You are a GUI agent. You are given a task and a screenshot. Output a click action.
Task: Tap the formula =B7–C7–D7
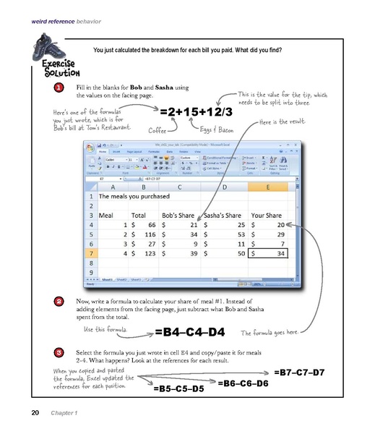pos(299,372)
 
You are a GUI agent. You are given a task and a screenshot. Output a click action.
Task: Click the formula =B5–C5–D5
pos(178,388)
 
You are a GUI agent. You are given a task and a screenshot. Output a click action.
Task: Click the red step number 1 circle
pos(57,88)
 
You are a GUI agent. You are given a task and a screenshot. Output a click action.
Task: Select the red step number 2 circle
pos(57,300)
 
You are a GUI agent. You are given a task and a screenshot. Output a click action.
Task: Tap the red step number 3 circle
pos(57,352)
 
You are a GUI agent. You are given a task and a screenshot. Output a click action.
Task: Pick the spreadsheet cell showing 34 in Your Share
pos(269,254)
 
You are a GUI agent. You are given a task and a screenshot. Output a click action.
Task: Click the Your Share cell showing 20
pos(269,224)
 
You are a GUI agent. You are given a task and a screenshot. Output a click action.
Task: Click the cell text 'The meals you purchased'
pos(133,195)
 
